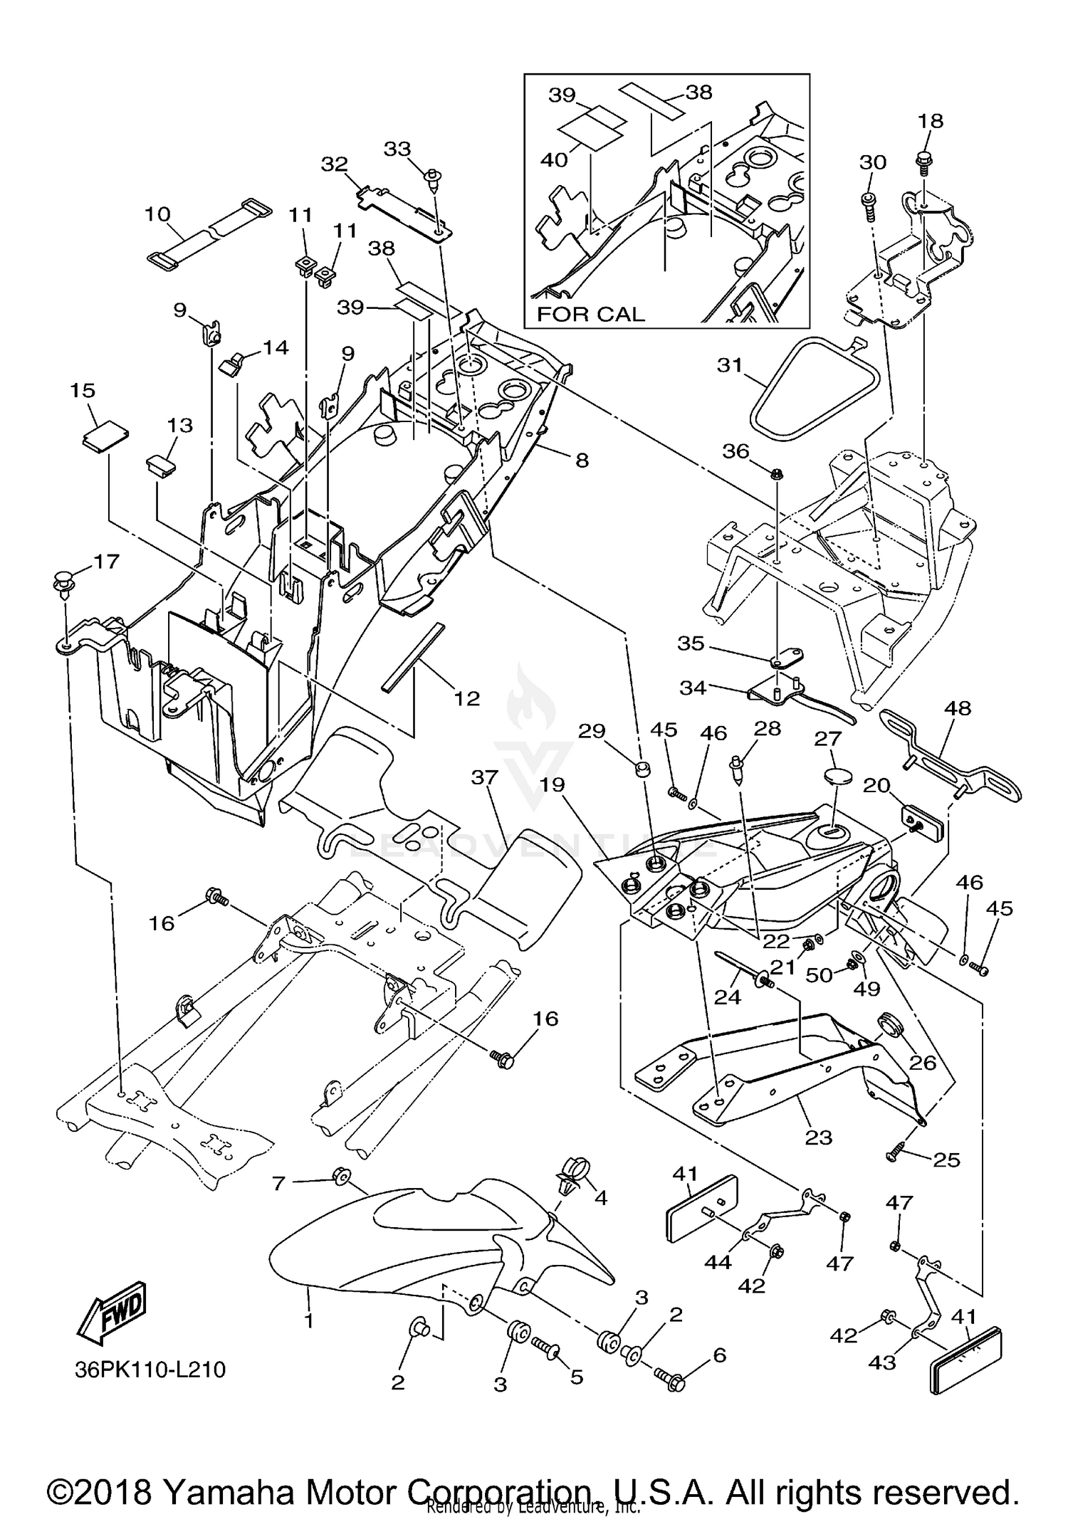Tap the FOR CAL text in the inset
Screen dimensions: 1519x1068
pyautogui.click(x=590, y=314)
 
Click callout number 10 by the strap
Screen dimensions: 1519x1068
pyautogui.click(x=157, y=214)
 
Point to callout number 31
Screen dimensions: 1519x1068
pyautogui.click(x=730, y=365)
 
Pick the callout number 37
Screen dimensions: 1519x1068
pyautogui.click(x=484, y=777)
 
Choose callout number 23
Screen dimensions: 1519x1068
pyautogui.click(x=818, y=1137)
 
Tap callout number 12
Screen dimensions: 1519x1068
pyautogui.click(x=467, y=698)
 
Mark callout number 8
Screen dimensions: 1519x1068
pyautogui.click(x=582, y=461)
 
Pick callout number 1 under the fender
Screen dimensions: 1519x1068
pyautogui.click(x=309, y=1320)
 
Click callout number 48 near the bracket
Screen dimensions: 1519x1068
pyautogui.click(x=958, y=709)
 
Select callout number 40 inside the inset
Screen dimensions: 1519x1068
pyautogui.click(x=554, y=159)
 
